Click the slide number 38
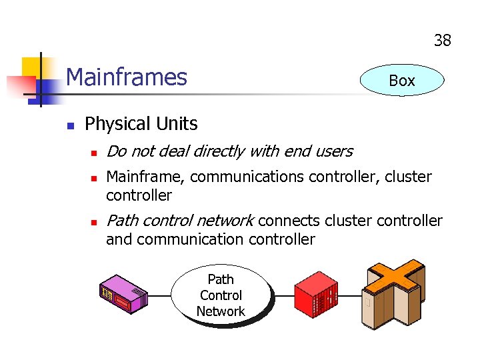point(442,41)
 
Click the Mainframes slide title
point(127,77)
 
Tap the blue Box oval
point(401,81)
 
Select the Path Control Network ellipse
point(221,295)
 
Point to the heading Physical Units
point(141,124)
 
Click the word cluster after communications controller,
point(408,177)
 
